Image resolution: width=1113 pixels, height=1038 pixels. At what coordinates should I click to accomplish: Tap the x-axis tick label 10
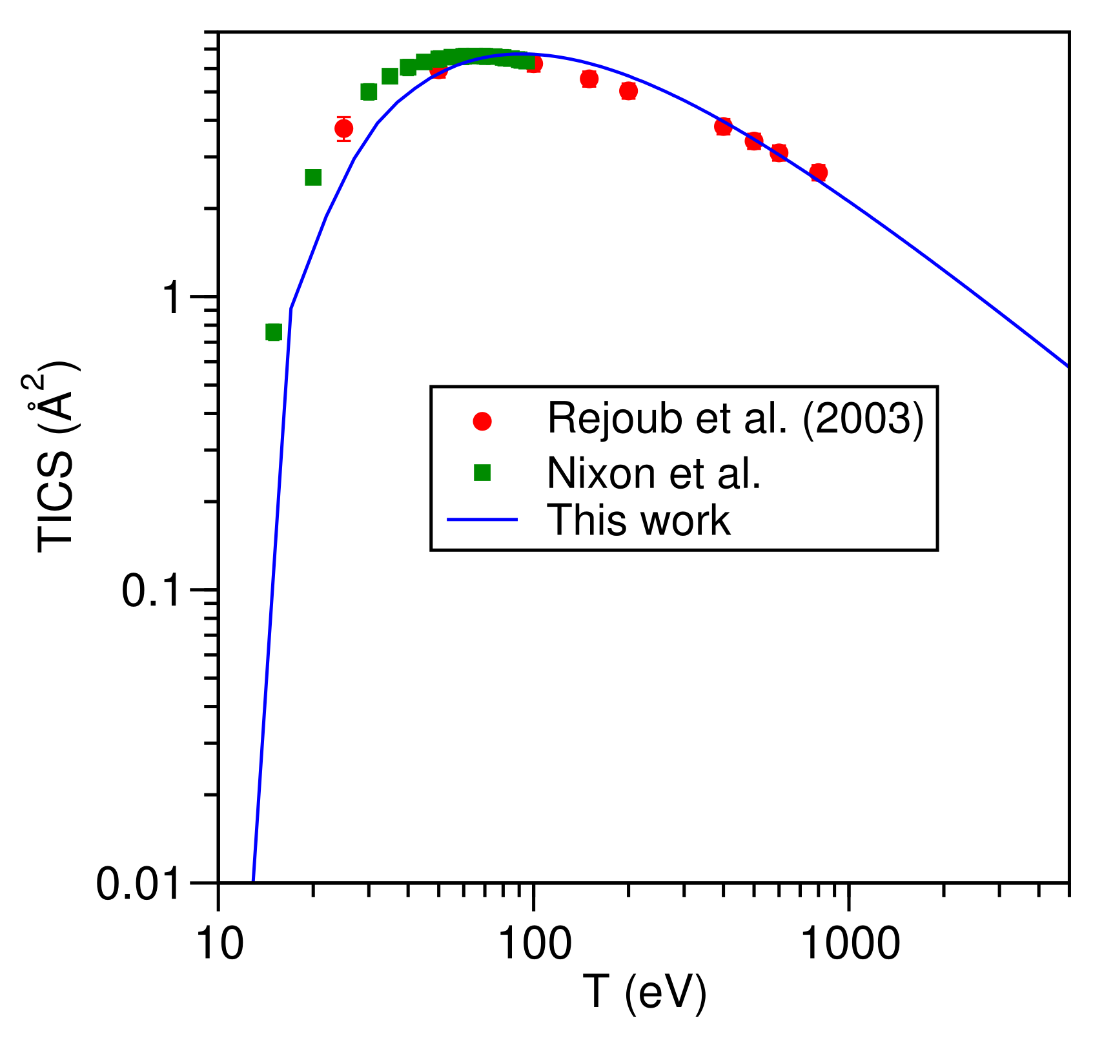coord(220,944)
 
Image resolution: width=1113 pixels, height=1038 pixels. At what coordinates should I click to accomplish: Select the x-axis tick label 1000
coord(849,944)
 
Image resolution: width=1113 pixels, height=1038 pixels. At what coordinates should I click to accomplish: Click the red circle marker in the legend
coord(482,421)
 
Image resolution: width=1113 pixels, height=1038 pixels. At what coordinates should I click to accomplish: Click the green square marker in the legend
coord(482,473)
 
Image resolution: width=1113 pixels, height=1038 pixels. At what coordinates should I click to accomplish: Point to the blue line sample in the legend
coord(482,519)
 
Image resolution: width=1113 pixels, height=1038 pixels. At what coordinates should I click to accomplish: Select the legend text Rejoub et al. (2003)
coord(735,419)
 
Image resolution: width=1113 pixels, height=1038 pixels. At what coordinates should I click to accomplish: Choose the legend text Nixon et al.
coord(654,473)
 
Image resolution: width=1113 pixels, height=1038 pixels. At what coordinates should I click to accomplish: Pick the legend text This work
coord(638,520)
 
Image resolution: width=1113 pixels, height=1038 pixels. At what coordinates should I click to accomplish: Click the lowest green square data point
coord(274,332)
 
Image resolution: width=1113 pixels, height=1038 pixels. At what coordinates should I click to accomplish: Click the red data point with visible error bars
coord(344,128)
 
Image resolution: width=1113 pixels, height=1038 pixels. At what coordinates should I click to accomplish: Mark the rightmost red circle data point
coord(819,172)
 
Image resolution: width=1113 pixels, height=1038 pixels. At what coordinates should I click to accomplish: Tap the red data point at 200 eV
coord(629,91)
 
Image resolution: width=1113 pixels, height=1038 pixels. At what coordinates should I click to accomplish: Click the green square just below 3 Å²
coord(313,178)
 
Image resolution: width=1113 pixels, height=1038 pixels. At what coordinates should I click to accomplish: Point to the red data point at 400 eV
coord(724,127)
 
